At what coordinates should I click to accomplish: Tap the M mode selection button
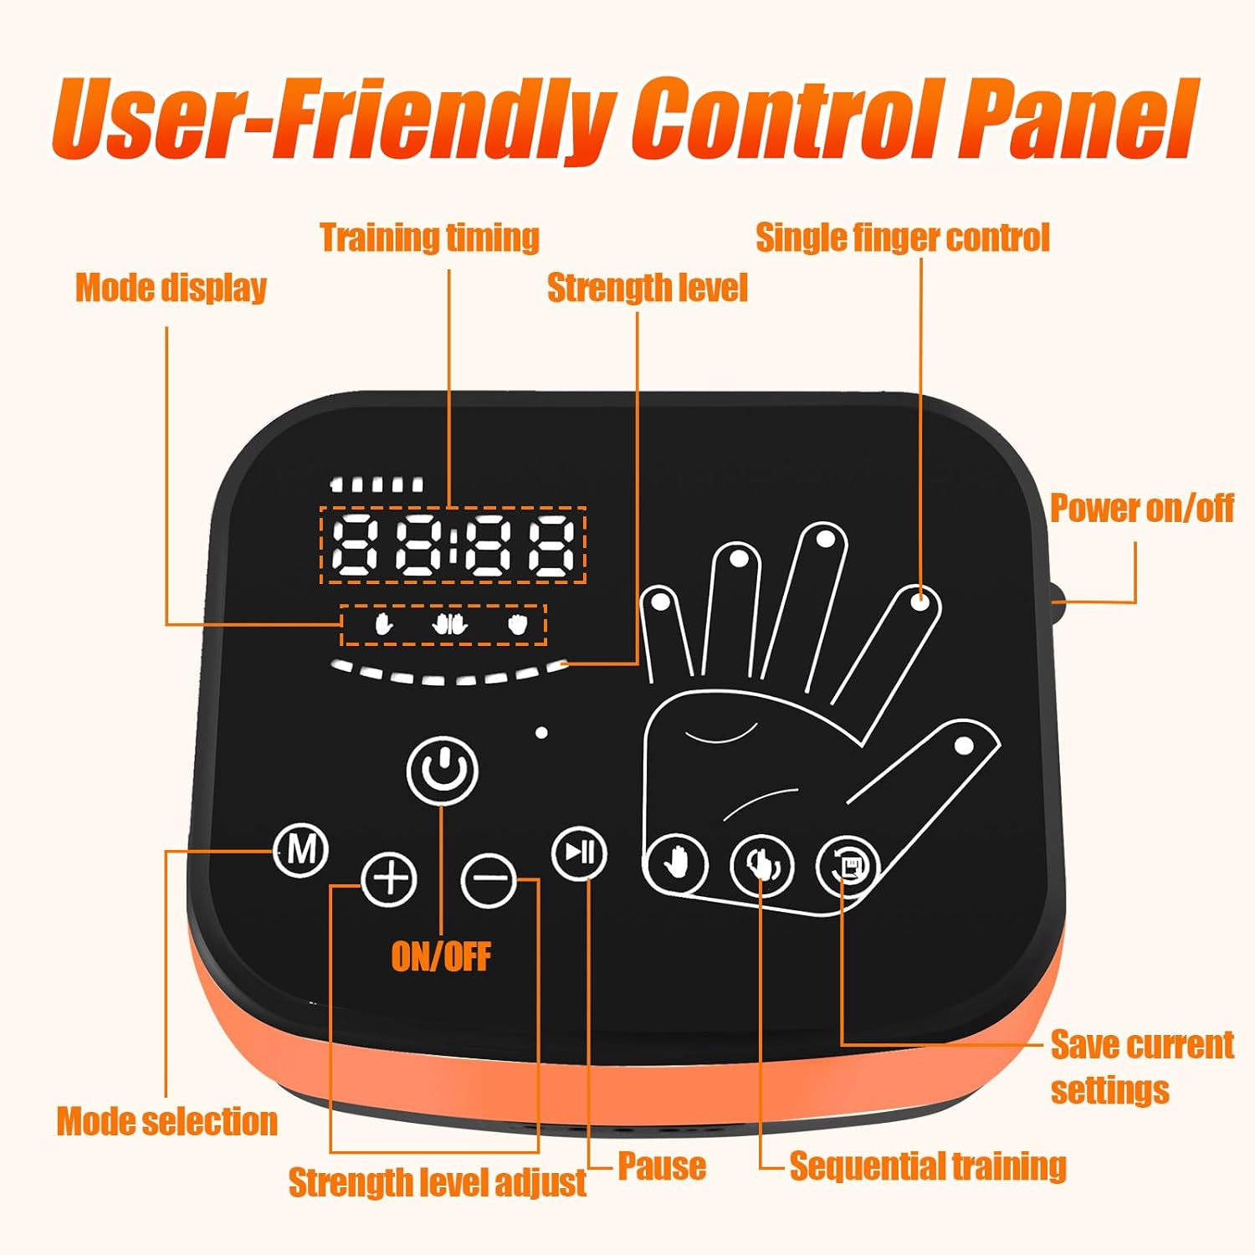(x=301, y=850)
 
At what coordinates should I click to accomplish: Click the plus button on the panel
(x=389, y=879)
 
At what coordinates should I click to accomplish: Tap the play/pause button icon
(x=580, y=853)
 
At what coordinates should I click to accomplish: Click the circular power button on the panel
(x=443, y=770)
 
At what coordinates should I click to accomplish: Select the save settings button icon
(x=848, y=866)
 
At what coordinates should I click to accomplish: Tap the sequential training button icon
(x=761, y=865)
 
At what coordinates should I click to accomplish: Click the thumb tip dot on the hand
(x=964, y=745)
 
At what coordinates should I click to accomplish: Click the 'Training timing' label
(x=429, y=238)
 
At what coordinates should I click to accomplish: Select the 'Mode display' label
(x=172, y=288)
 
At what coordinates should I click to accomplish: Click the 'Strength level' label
(x=648, y=288)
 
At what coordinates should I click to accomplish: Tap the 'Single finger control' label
(x=903, y=238)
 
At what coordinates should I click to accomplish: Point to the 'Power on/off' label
(x=1142, y=508)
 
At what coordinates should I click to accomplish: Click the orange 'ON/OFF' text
(x=441, y=956)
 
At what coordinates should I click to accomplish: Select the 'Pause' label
(x=662, y=1165)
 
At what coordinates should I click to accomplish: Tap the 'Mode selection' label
(x=167, y=1121)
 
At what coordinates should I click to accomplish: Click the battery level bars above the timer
(x=376, y=484)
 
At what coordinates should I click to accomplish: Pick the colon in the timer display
(x=453, y=545)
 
